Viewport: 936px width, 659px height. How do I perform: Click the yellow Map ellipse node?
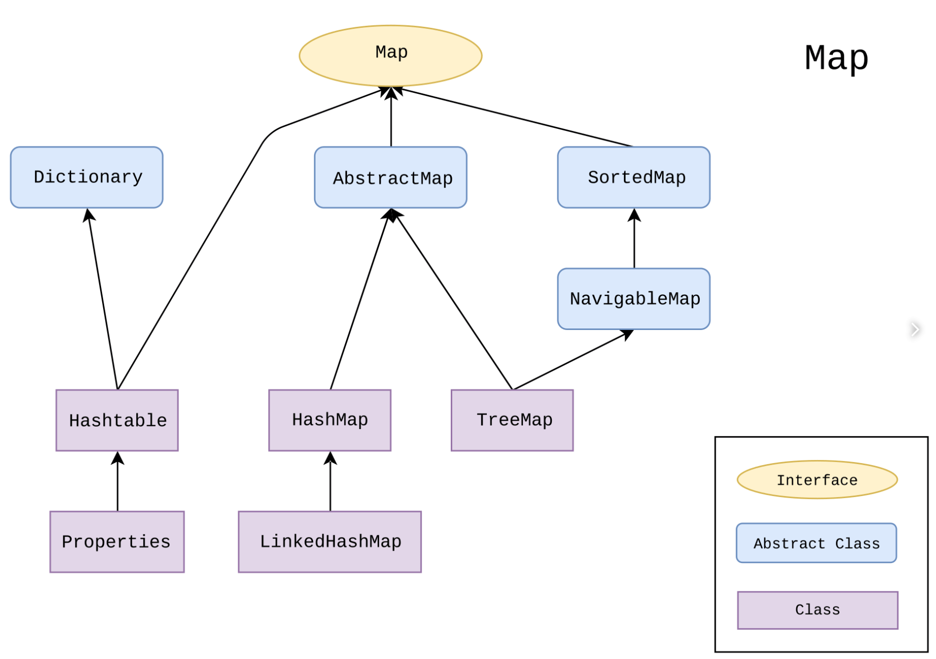(390, 56)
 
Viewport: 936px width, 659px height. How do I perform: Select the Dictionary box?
(87, 177)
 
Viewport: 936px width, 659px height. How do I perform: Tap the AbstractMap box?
(390, 177)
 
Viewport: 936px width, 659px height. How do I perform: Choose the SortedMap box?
(633, 177)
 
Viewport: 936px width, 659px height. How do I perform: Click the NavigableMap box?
(633, 299)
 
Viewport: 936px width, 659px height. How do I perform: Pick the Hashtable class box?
(117, 420)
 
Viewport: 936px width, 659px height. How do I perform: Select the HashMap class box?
(330, 420)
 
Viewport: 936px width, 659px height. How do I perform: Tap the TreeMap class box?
(512, 420)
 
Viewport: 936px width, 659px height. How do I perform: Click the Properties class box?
(117, 541)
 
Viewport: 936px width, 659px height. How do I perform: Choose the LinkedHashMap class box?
(330, 541)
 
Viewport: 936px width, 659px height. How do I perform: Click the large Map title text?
(836, 58)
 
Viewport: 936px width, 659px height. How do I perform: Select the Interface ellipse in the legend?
(817, 480)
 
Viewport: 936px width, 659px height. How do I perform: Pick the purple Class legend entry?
(817, 610)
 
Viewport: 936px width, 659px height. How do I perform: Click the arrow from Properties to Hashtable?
(118, 482)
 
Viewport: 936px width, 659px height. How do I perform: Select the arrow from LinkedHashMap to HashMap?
(330, 482)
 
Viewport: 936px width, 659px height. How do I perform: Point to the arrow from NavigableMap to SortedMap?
(634, 240)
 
